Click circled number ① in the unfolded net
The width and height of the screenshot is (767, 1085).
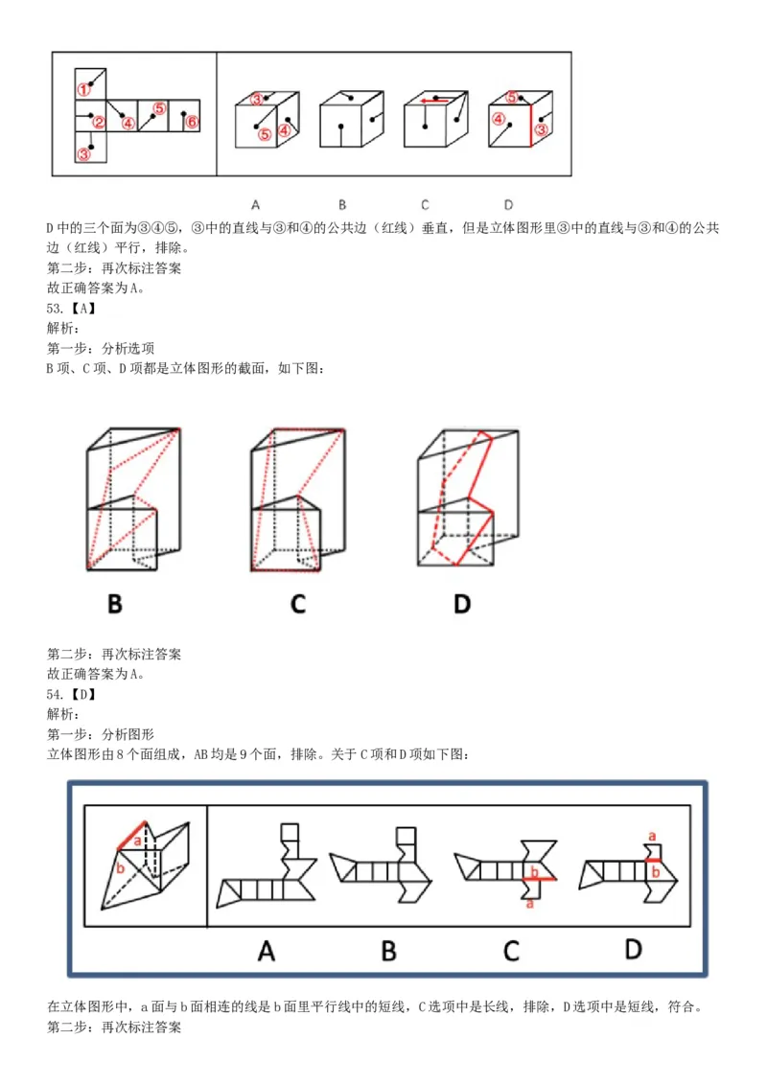click(84, 89)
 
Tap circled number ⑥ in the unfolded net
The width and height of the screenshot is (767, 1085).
click(191, 122)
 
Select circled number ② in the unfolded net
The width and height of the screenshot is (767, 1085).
click(98, 122)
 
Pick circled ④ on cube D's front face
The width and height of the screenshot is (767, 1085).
click(499, 120)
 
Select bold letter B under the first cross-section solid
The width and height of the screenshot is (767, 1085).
click(115, 604)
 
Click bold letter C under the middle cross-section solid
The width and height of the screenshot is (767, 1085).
click(298, 604)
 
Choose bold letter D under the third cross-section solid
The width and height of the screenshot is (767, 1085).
click(462, 604)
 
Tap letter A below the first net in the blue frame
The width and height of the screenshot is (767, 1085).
click(267, 950)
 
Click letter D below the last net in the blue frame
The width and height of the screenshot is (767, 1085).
click(633, 948)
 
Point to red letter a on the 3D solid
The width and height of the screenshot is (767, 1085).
click(137, 841)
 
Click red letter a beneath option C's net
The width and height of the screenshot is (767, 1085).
click(530, 902)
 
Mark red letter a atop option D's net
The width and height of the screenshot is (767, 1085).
click(652, 836)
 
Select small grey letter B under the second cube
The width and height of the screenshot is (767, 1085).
click(342, 204)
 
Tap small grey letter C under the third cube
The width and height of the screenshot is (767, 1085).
click(425, 204)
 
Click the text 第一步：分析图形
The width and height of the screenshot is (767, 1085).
click(101, 734)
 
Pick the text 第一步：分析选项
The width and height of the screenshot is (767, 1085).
click(101, 348)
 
